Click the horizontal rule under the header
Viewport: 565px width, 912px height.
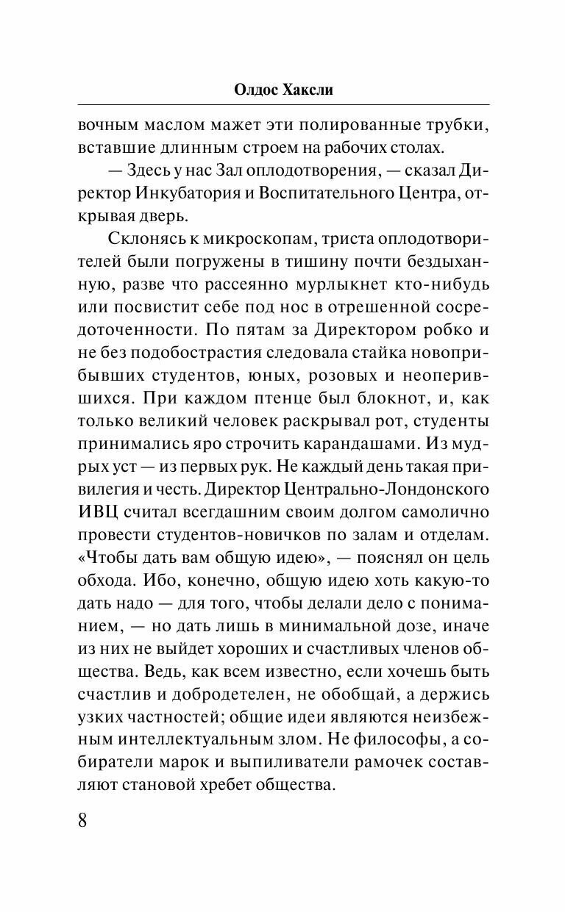pyautogui.click(x=282, y=104)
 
